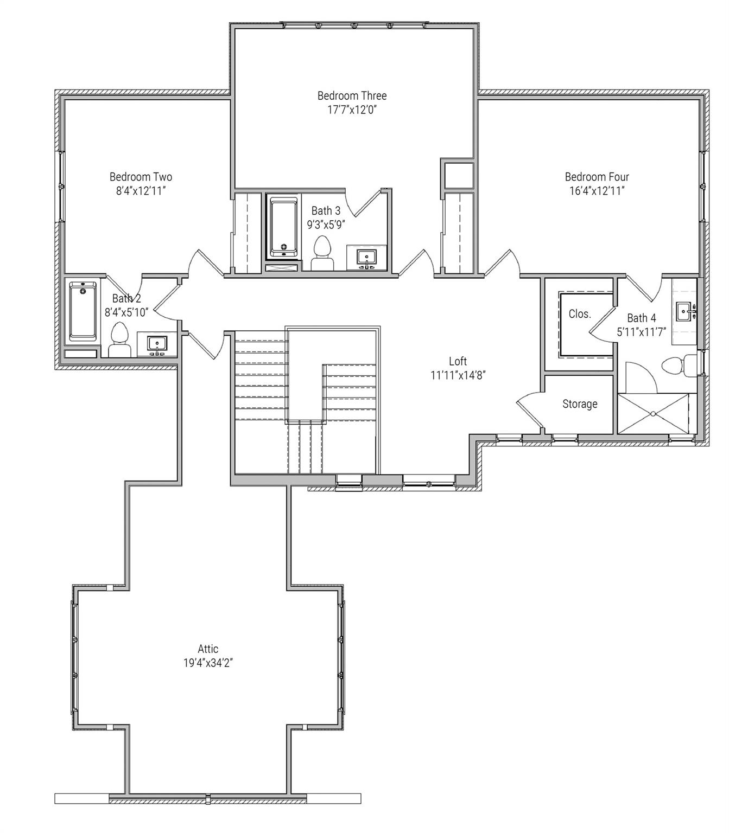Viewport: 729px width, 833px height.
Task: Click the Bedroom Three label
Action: (352, 95)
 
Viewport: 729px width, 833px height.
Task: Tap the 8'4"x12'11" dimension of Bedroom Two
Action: (141, 191)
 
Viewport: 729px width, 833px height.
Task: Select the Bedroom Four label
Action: (597, 177)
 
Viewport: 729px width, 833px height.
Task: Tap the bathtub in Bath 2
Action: (83, 311)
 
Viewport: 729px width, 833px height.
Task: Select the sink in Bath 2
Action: (157, 344)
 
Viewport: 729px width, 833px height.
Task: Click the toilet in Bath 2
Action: (119, 338)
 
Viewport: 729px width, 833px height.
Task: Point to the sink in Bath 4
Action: (684, 312)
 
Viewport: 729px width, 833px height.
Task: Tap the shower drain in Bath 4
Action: (653, 414)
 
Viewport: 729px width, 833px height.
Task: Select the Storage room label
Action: (580, 404)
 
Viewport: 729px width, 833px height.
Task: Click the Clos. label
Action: (579, 314)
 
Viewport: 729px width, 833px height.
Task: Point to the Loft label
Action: (458, 361)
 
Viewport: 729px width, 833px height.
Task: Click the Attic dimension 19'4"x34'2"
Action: (208, 663)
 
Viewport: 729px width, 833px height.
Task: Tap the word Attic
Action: (208, 649)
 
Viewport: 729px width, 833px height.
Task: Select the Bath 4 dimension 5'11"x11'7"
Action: (641, 332)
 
